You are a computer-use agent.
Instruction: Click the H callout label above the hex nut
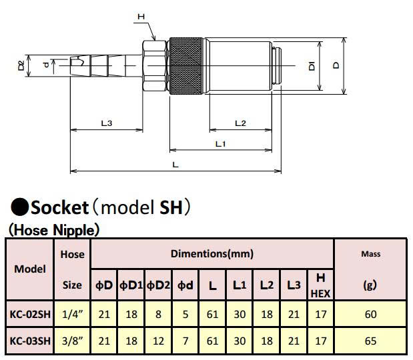tap(141, 17)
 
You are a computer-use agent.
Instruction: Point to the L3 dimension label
tap(107, 123)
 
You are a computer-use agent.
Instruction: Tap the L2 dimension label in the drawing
tap(240, 123)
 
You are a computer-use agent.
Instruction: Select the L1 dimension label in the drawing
tap(221, 144)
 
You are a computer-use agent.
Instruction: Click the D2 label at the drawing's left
tap(21, 65)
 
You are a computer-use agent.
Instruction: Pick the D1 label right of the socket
tap(312, 66)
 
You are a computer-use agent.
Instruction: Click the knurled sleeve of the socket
tap(186, 66)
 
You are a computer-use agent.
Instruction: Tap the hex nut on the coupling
tap(155, 66)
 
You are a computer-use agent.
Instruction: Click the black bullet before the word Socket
tap(19, 207)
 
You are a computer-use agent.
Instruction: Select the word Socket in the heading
tap(59, 207)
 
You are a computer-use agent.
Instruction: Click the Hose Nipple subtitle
tap(54, 230)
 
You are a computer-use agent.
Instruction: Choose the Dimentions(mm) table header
tap(212, 254)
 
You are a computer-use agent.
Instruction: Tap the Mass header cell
tap(370, 254)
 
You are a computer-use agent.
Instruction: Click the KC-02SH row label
tap(30, 314)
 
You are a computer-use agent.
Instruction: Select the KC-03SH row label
tap(30, 341)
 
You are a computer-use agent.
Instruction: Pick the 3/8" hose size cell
tap(73, 341)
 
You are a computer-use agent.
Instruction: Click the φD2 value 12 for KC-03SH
tap(158, 341)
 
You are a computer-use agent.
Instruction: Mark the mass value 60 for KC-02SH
tap(370, 314)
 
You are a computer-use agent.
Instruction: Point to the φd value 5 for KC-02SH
tap(185, 314)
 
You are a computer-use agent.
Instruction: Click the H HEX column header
tap(320, 285)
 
